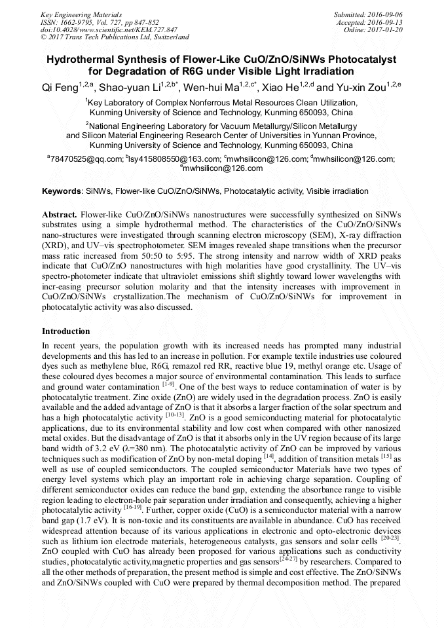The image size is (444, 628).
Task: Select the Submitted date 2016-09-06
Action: pyautogui.click(x=384, y=14)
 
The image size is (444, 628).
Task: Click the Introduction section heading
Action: pyautogui.click(x=66, y=331)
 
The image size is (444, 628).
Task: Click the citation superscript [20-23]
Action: pyautogui.click(x=390, y=539)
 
